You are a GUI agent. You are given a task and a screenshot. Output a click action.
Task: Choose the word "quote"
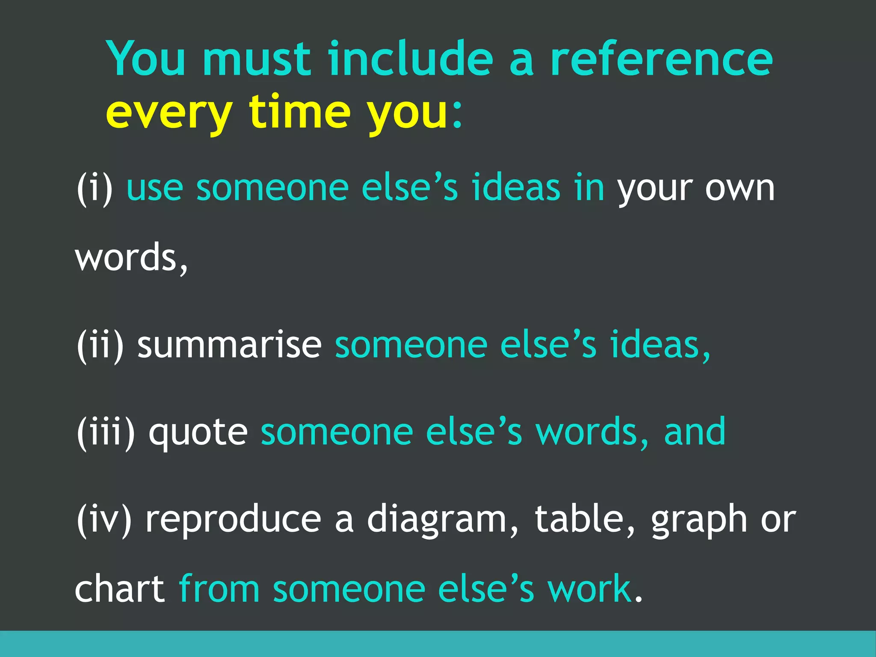(x=198, y=433)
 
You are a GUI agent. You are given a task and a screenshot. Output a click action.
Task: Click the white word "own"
(x=740, y=189)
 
